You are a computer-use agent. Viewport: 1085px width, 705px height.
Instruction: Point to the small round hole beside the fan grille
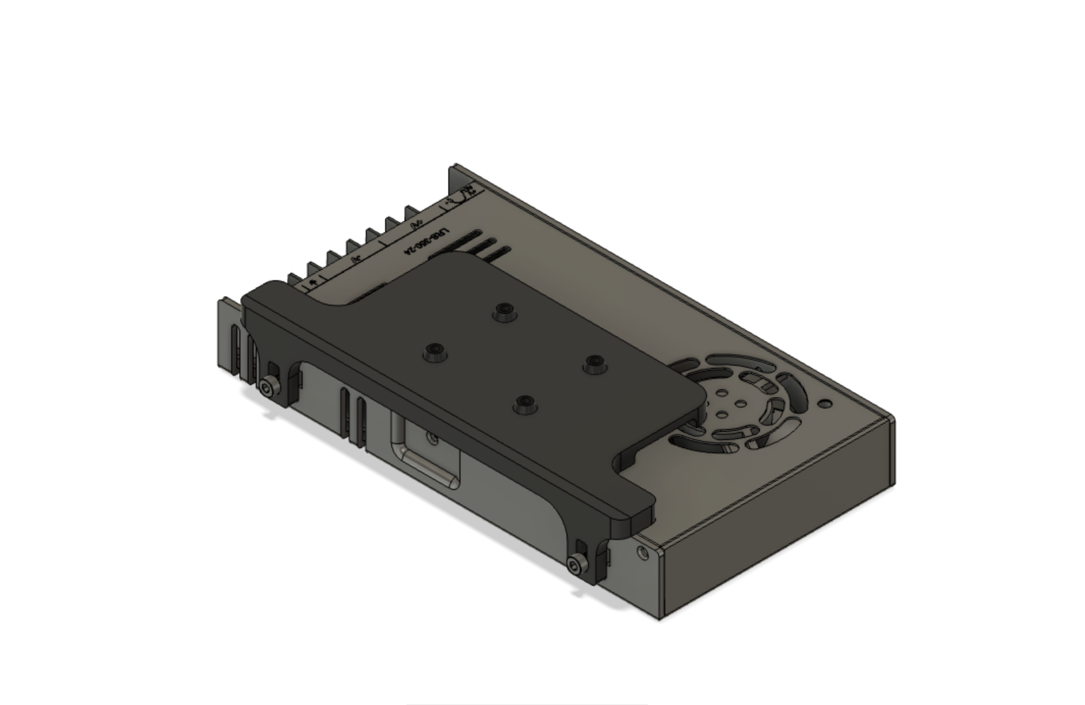[826, 404]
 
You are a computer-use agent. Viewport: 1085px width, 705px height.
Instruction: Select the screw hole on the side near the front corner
[643, 552]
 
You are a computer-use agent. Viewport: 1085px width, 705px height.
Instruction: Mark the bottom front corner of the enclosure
[660, 618]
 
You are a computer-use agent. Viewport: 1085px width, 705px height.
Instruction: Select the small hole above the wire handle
[433, 438]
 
